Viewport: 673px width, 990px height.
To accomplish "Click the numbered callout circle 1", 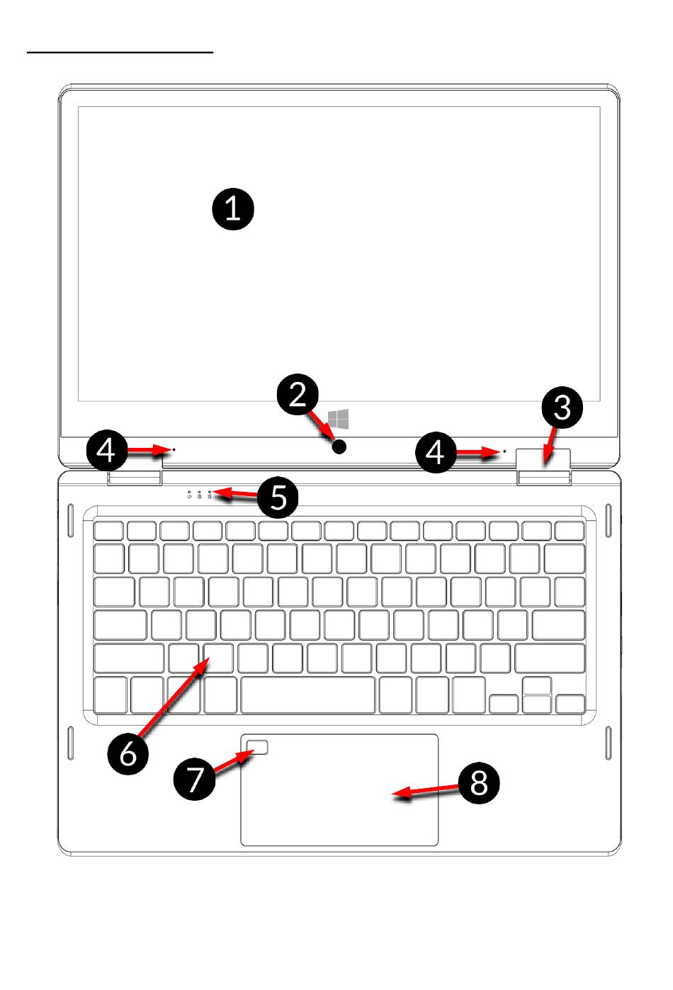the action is click(x=232, y=210).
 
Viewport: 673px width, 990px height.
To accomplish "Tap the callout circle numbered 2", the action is click(x=298, y=395).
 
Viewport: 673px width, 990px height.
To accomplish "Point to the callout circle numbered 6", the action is click(x=128, y=753).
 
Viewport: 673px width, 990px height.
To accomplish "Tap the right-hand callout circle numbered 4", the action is click(x=436, y=452).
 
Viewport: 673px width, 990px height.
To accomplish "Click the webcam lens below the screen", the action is click(x=341, y=446).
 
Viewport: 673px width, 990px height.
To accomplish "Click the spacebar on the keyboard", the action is click(x=308, y=695).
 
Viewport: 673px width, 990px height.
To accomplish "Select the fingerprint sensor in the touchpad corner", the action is click(x=261, y=748).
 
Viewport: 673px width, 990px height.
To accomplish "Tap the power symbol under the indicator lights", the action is click(x=189, y=497).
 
